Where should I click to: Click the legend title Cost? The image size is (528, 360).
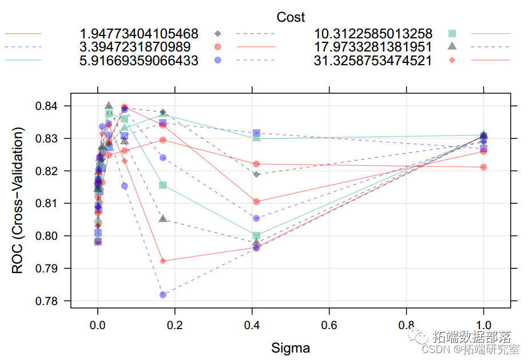pyautogui.click(x=291, y=17)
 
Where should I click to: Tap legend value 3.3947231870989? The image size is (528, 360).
pyautogui.click(x=136, y=46)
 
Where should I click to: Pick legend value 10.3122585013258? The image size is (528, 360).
pyautogui.click(x=373, y=33)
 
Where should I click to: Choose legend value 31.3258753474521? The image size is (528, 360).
pyautogui.click(x=373, y=60)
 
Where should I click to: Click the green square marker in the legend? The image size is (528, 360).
pyautogui.click(x=452, y=33)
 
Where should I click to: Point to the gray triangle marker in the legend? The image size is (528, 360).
pyautogui.click(x=452, y=46)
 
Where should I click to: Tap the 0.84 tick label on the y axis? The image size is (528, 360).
pyautogui.click(x=50, y=106)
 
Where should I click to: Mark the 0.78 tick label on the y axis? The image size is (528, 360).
pyautogui.click(x=50, y=301)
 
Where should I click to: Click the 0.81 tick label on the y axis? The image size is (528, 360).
pyautogui.click(x=50, y=204)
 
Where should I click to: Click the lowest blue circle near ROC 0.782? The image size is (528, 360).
pyautogui.click(x=163, y=295)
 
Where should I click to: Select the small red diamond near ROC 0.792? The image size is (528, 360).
pyautogui.click(x=163, y=261)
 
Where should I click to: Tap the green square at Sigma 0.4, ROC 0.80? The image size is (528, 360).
pyautogui.click(x=256, y=236)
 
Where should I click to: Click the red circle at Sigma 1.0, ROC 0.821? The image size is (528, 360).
pyautogui.click(x=484, y=167)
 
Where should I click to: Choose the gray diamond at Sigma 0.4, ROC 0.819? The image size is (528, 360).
pyautogui.click(x=256, y=175)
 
